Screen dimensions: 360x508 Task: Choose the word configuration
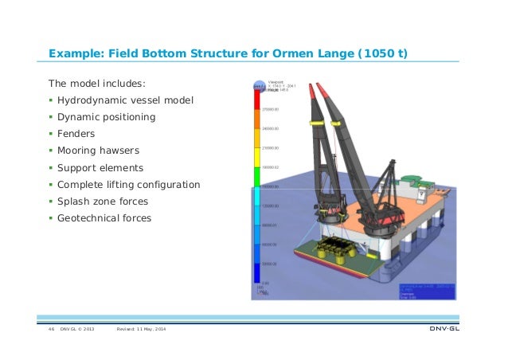click(x=166, y=184)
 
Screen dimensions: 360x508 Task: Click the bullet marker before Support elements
click(x=50, y=168)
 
